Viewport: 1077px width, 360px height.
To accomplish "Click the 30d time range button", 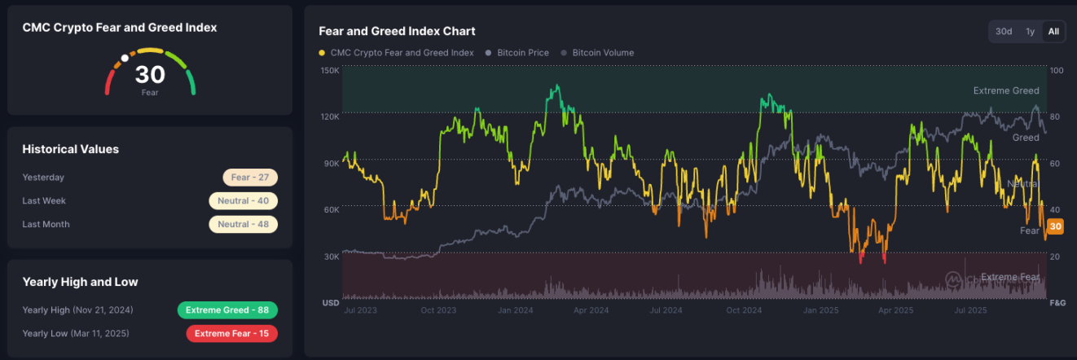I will [x=1004, y=32].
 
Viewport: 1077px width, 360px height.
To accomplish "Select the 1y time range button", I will [x=1030, y=32].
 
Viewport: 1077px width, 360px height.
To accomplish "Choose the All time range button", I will [x=1053, y=32].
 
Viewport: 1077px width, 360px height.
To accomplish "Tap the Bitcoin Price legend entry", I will [x=517, y=53].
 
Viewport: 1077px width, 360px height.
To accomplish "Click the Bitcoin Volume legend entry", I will [x=602, y=53].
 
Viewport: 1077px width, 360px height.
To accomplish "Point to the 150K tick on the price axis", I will [x=329, y=70].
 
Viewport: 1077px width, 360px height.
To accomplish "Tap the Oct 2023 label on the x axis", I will [x=439, y=310].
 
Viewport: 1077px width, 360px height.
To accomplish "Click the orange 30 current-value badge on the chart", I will [x=1055, y=226].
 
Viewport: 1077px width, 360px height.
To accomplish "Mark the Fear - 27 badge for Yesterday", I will [x=250, y=178].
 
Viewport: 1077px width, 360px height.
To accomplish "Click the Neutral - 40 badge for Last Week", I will [x=243, y=201].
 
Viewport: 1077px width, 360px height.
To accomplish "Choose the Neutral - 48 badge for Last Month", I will [x=243, y=224].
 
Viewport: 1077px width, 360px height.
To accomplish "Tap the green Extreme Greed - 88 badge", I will [x=227, y=310].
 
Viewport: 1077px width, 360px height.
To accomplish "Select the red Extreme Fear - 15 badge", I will [x=231, y=333].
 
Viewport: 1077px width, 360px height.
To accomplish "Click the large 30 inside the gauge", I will [x=150, y=75].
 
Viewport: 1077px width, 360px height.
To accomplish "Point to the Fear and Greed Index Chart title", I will [x=397, y=32].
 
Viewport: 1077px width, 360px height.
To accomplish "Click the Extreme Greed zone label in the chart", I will [x=1006, y=91].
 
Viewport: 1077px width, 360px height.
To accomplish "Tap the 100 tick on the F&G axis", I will [x=1057, y=70].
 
